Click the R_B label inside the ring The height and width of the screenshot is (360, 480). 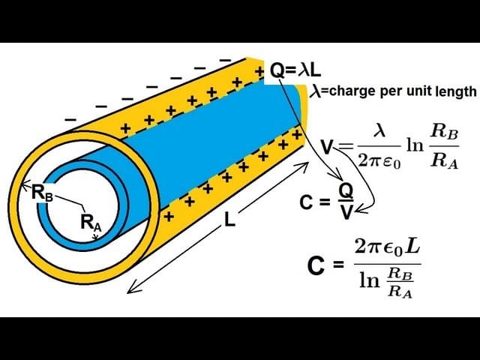click(x=42, y=192)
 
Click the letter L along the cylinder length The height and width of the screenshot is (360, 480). click(x=229, y=221)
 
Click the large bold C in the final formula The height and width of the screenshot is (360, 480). click(x=316, y=265)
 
